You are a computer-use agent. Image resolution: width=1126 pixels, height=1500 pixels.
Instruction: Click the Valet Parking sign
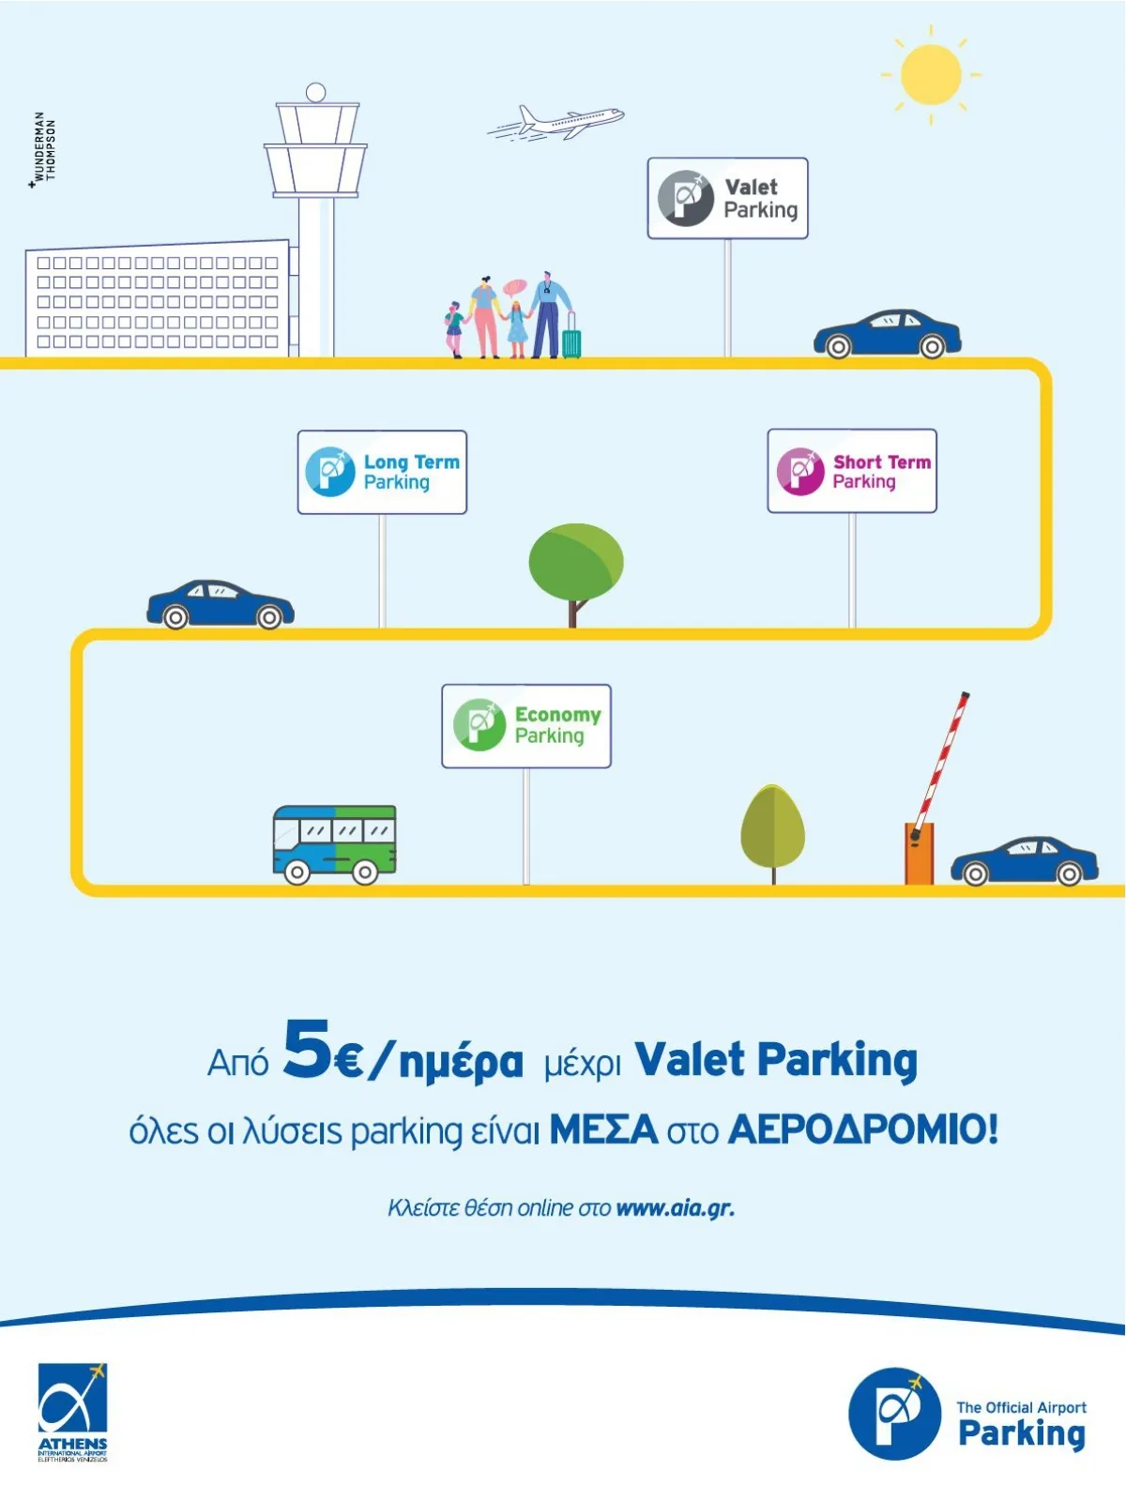727,198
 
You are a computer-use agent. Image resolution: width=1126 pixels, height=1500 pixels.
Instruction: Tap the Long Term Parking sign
382,472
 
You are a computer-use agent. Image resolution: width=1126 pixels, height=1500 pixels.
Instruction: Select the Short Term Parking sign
852,471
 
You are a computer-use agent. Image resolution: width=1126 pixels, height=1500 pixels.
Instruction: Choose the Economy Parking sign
526,726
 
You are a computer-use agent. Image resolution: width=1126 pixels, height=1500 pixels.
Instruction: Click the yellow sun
931,75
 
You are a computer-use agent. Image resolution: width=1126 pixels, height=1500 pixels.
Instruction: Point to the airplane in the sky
559,123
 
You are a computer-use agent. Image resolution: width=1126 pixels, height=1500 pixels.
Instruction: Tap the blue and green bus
334,842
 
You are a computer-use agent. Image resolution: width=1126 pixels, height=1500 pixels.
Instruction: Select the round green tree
575,563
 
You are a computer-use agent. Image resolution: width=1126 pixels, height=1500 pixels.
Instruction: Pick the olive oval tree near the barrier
772,828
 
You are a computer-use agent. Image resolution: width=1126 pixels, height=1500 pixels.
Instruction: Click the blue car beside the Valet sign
887,334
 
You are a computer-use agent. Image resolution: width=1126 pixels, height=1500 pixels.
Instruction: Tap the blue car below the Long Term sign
221,604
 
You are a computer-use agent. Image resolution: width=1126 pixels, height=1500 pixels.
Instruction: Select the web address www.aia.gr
675,1207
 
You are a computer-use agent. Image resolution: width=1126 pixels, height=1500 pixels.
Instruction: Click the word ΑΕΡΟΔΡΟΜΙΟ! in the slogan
862,1129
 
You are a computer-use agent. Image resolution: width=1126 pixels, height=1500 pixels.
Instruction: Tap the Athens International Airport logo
72,1412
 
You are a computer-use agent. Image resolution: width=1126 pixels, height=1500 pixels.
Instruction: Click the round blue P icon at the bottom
894,1413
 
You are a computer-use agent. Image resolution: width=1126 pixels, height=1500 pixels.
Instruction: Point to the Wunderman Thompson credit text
44,148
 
